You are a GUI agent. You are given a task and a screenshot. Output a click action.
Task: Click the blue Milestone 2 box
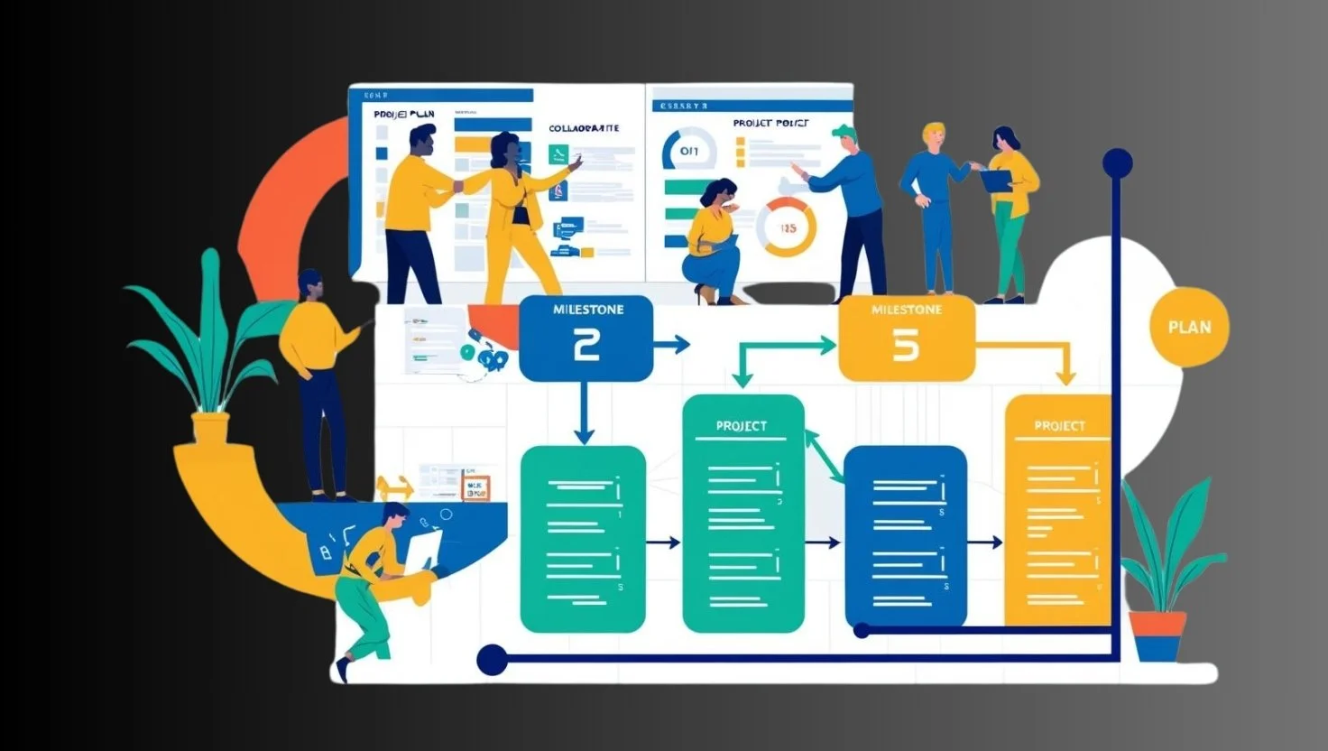(586, 337)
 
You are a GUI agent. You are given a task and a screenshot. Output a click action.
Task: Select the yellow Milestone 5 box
(906, 338)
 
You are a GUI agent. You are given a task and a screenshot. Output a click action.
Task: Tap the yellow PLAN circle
(1189, 327)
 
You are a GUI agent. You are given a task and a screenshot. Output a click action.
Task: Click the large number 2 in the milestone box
(586, 346)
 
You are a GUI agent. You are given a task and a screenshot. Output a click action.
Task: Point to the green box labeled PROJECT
(742, 513)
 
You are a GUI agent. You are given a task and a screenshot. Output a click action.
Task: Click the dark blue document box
(905, 535)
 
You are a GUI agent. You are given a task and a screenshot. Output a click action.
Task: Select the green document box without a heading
(583, 539)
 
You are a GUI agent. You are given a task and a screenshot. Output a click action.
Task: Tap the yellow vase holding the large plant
(210, 428)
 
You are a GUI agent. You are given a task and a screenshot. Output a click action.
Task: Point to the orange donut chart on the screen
(786, 227)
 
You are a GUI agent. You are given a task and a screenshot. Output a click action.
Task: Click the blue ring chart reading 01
(688, 151)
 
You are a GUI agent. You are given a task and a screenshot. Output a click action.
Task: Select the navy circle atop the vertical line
(1117, 164)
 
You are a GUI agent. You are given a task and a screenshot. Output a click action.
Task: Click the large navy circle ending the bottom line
(492, 660)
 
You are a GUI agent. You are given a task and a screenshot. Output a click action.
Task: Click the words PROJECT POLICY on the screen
(770, 123)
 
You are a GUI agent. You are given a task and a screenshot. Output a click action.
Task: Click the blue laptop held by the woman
(996, 180)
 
